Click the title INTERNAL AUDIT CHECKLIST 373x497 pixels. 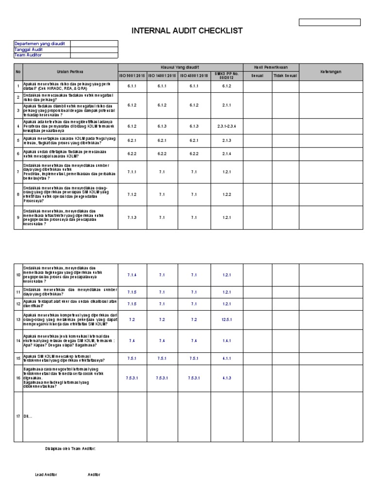point(187,32)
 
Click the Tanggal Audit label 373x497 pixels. point(28,49)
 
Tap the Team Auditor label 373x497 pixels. point(28,55)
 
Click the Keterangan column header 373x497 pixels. point(330,72)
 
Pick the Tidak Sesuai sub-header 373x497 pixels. point(285,76)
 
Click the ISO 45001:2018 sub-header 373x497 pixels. point(194,76)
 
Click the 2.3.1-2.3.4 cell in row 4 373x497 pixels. point(226,126)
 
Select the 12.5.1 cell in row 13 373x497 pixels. point(226,320)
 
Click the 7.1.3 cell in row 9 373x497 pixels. point(132,217)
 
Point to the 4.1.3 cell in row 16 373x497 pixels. point(226,378)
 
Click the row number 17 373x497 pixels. point(18,417)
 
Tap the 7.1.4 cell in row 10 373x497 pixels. point(132,275)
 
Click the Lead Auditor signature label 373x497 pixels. point(46,474)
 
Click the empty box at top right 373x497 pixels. point(330,22)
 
